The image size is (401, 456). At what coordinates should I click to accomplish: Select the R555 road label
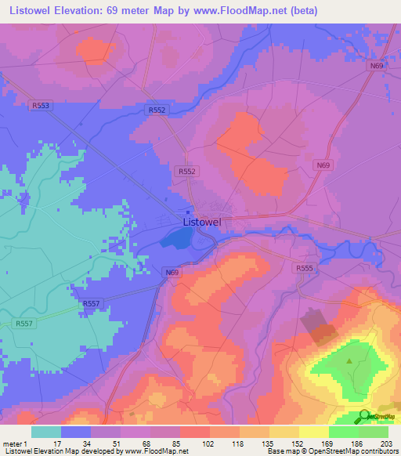point(305,268)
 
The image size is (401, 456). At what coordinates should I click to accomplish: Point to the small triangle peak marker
point(349,361)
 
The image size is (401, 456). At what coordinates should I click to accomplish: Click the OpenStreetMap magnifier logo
point(364,417)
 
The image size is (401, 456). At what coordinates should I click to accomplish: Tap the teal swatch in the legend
point(46,432)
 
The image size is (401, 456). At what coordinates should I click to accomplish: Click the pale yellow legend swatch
point(314,432)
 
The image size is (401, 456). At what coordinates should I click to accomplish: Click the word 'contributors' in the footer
point(379,451)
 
